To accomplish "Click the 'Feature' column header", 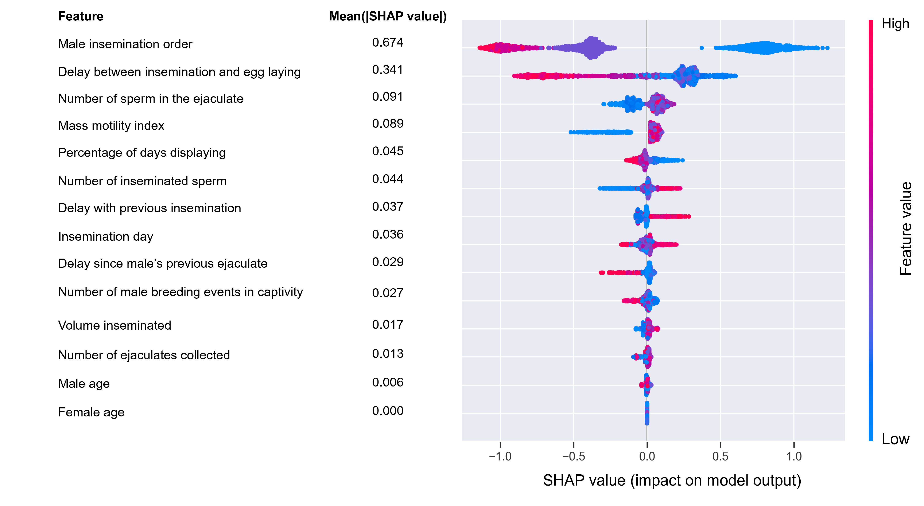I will [x=81, y=16].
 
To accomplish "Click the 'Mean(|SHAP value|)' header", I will [x=388, y=16].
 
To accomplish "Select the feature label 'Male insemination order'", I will [x=125, y=44].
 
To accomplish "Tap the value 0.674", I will [x=388, y=43].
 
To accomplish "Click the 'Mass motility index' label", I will [x=111, y=126].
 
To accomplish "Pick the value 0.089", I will [x=388, y=124].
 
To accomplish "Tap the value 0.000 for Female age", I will [x=388, y=411].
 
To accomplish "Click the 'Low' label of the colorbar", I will [x=895, y=439].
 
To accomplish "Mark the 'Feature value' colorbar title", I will [x=906, y=228].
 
